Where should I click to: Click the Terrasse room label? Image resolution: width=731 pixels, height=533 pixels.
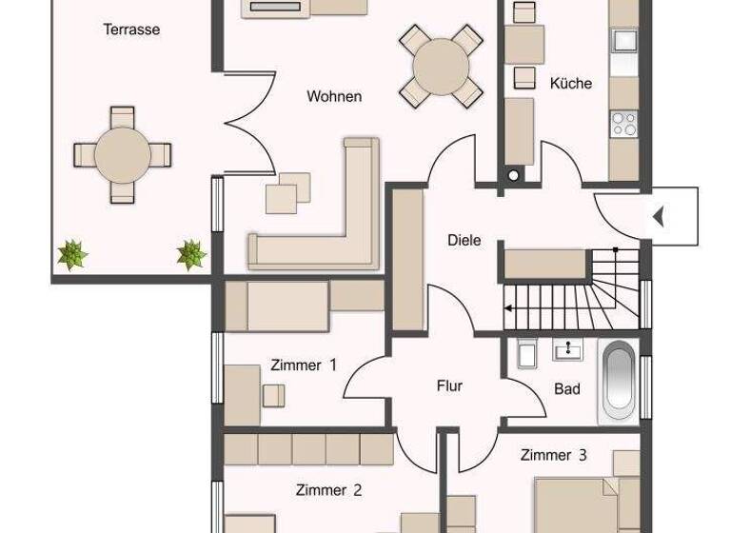pyautogui.click(x=131, y=30)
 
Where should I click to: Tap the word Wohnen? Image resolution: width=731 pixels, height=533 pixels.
pyautogui.click(x=334, y=96)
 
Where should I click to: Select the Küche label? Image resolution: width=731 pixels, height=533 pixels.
pyautogui.click(x=571, y=83)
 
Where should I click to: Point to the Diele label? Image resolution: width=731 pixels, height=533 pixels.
pyautogui.click(x=464, y=240)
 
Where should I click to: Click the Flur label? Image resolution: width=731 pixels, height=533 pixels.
pyautogui.click(x=449, y=385)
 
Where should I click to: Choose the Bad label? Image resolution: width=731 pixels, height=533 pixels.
pyautogui.click(x=567, y=388)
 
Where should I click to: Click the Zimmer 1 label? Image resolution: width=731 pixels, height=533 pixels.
pyautogui.click(x=304, y=365)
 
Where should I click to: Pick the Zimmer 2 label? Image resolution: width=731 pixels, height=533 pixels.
pyautogui.click(x=328, y=490)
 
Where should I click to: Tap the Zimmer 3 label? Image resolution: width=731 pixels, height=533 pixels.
pyautogui.click(x=554, y=455)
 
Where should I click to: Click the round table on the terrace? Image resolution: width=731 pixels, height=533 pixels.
pyautogui.click(x=122, y=154)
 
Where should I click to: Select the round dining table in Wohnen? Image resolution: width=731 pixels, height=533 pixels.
pyautogui.click(x=441, y=66)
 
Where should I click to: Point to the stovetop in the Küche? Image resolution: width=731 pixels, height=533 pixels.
pyautogui.click(x=623, y=123)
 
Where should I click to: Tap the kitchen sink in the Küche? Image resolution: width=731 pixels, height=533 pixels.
pyautogui.click(x=623, y=41)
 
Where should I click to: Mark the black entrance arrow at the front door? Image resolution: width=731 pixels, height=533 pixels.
pyautogui.click(x=658, y=217)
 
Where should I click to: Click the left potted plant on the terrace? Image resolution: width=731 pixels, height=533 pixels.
pyautogui.click(x=72, y=253)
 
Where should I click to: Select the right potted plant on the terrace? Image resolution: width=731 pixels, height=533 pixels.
pyautogui.click(x=191, y=253)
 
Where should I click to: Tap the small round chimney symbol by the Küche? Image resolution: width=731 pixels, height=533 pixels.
pyautogui.click(x=515, y=175)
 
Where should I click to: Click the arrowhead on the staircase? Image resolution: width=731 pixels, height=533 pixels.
pyautogui.click(x=508, y=308)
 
